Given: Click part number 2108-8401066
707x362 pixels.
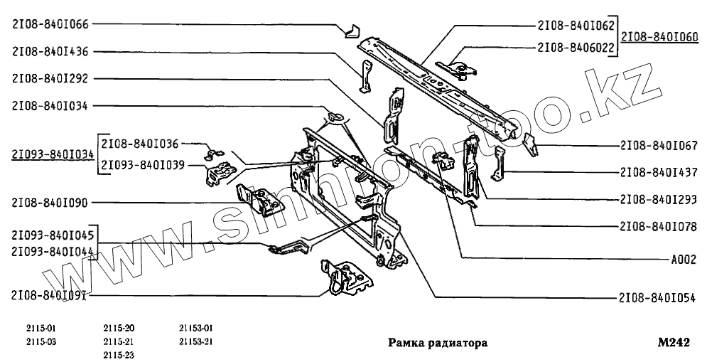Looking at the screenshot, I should [x=50, y=24].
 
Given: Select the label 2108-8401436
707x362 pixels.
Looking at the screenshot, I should [x=50, y=51].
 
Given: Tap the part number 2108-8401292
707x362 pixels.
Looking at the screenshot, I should [x=50, y=78].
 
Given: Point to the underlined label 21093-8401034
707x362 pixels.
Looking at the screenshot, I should [x=53, y=154].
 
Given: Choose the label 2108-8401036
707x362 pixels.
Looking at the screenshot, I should [x=139, y=142].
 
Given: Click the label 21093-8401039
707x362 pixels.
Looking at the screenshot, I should [x=143, y=165].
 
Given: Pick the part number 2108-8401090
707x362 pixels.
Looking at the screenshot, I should [x=50, y=203].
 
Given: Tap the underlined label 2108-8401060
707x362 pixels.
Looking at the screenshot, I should [x=659, y=36].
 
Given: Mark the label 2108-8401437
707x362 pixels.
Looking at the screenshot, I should [x=657, y=172].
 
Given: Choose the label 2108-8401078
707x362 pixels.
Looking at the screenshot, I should [x=657, y=226].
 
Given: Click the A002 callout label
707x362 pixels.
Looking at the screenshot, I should [x=683, y=260].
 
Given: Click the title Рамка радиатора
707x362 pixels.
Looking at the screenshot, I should [x=437, y=343].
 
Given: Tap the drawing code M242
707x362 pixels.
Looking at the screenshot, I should [x=674, y=342].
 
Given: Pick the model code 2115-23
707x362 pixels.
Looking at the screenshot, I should [x=119, y=354].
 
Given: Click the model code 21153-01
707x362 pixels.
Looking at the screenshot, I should [x=196, y=328].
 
